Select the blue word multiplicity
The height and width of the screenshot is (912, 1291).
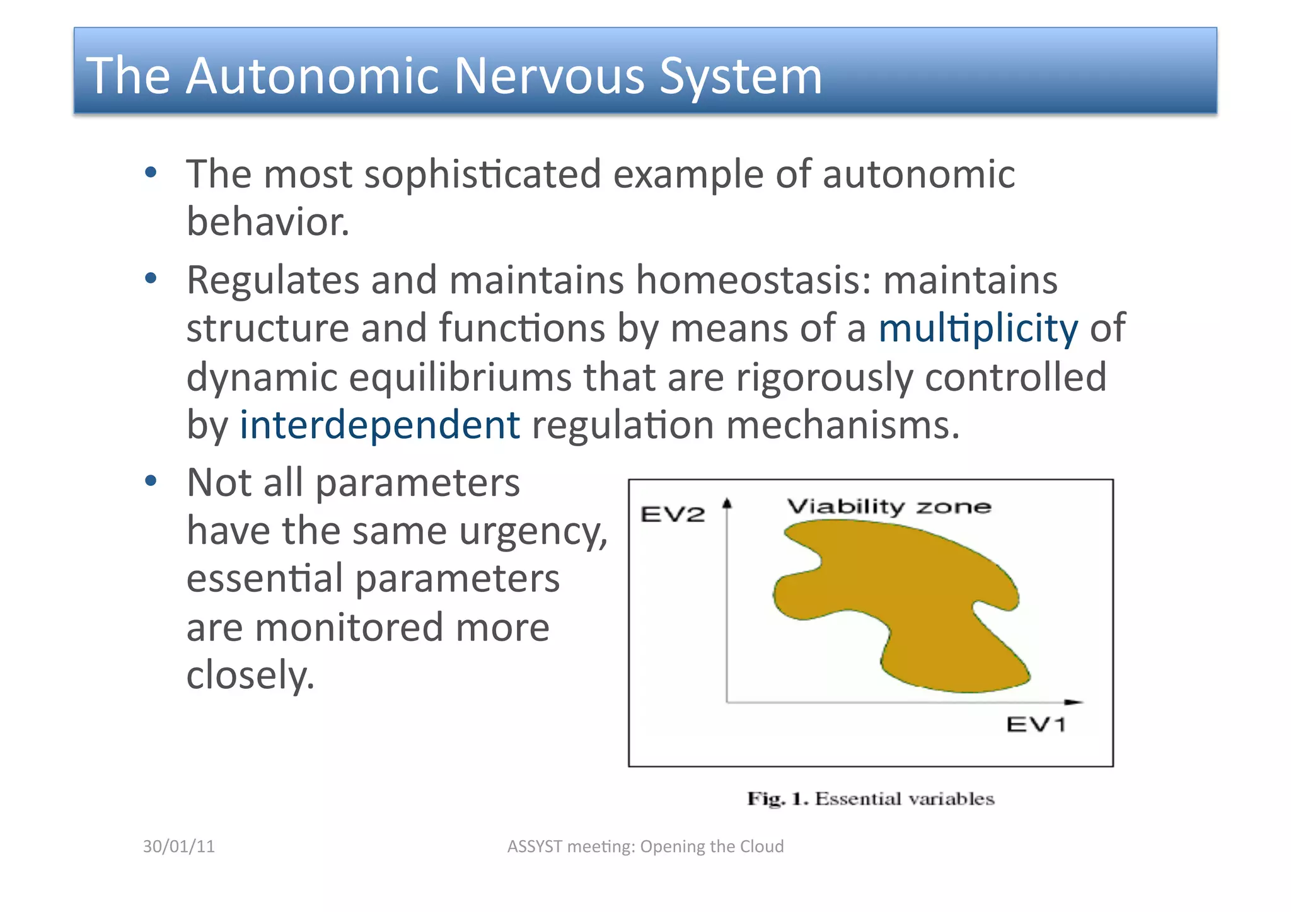pyautogui.click(x=978, y=328)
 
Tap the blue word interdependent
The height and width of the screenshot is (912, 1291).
pyautogui.click(x=379, y=425)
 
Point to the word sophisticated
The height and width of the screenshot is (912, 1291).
pyautogui.click(x=482, y=174)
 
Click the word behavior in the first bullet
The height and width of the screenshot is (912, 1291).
pyautogui.click(x=267, y=222)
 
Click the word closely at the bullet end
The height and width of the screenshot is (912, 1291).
pyautogui.click(x=250, y=675)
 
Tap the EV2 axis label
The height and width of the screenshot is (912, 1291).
pyautogui.click(x=672, y=514)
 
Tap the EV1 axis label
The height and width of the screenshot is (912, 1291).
pyautogui.click(x=1036, y=724)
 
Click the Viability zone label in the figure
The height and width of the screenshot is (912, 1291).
pyautogui.click(x=889, y=507)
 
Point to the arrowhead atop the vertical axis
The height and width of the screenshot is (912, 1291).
pyautogui.click(x=727, y=503)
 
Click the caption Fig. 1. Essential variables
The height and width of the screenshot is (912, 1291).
pyautogui.click(x=871, y=799)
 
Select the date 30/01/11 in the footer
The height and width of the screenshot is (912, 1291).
pyautogui.click(x=179, y=846)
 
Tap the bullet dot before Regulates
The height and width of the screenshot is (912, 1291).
pyautogui.click(x=150, y=279)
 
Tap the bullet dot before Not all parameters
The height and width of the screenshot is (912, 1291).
pyautogui.click(x=150, y=482)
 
